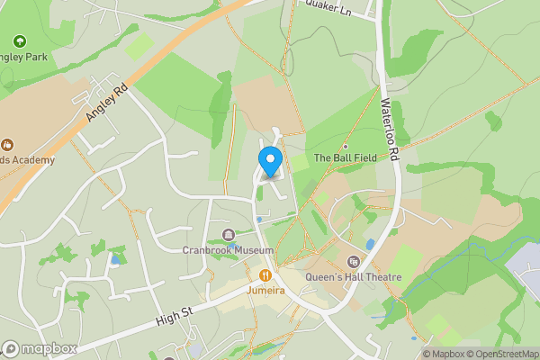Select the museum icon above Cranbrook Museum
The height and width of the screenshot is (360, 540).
coord(228,236)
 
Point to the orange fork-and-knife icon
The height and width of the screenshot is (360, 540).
coord(265,275)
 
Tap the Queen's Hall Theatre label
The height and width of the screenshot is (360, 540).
coord(353,277)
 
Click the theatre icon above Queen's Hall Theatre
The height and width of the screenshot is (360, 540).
coord(353,262)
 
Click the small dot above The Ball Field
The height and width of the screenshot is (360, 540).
coord(345,146)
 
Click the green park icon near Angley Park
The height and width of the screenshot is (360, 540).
coord(20,41)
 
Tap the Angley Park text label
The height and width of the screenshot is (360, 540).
coord(23,56)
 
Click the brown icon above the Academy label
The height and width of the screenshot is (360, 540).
coord(8,144)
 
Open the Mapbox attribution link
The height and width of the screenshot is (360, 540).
coord(444,354)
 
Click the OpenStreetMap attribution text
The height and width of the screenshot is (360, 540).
coord(501,354)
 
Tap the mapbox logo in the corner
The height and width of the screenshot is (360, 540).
coord(40,349)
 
